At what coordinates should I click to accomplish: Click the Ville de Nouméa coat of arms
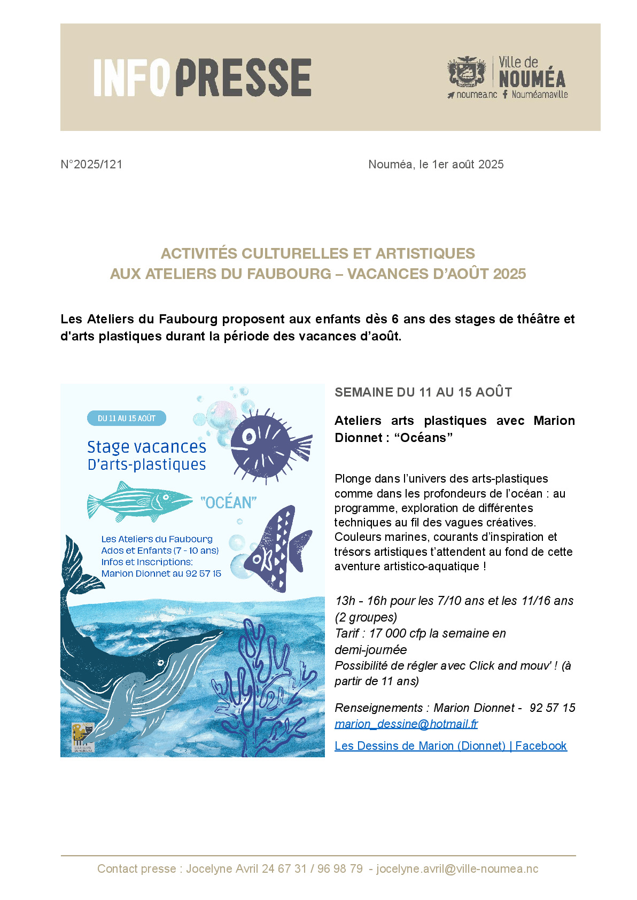click(466, 72)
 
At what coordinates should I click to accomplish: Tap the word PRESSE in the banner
click(243, 78)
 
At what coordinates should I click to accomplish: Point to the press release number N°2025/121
click(91, 165)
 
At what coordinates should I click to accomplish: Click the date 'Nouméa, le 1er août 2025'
click(436, 165)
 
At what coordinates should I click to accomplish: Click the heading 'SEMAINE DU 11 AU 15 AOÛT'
click(423, 392)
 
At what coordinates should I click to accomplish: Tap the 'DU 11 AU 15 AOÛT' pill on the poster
click(127, 418)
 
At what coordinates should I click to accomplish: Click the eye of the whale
click(160, 663)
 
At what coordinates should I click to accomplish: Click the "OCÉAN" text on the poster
click(228, 503)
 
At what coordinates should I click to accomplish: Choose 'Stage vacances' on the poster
click(146, 447)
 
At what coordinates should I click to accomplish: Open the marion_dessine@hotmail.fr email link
click(406, 724)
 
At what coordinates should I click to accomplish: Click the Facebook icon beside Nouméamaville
click(505, 95)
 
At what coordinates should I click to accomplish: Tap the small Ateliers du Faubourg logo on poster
click(83, 738)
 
